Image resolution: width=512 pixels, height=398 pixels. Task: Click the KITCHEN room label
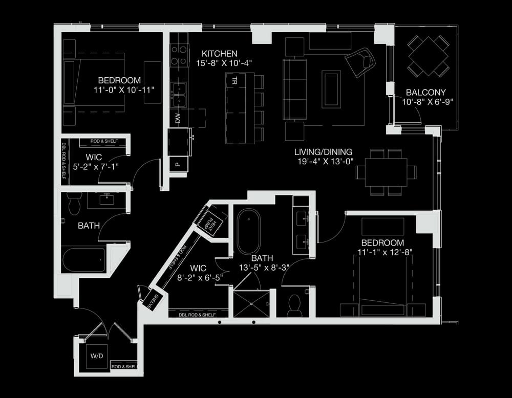(x=220, y=54)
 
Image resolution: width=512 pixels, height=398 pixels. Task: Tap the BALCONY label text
(x=426, y=92)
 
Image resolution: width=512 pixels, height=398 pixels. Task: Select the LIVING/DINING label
(x=323, y=152)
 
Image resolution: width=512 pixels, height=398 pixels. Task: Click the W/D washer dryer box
(x=97, y=356)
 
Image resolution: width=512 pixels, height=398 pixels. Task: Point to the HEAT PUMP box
(x=209, y=223)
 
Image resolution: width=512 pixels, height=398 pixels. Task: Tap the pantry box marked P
(x=178, y=164)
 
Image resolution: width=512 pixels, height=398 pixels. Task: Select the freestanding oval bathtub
(x=248, y=232)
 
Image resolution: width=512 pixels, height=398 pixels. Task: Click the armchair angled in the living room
(x=360, y=62)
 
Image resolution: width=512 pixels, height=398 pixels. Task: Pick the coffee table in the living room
(x=331, y=89)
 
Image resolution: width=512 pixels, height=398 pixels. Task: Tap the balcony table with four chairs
(x=428, y=56)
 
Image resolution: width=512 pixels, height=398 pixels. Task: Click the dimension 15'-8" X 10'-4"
(x=224, y=63)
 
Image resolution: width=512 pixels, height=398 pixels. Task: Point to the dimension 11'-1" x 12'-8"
(x=385, y=252)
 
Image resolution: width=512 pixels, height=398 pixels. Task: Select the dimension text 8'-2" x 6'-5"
(x=200, y=278)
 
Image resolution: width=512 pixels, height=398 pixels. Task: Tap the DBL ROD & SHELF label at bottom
(x=197, y=315)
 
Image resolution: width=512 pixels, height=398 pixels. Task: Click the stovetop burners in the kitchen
(x=179, y=55)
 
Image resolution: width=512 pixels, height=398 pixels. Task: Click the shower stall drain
(x=251, y=304)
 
